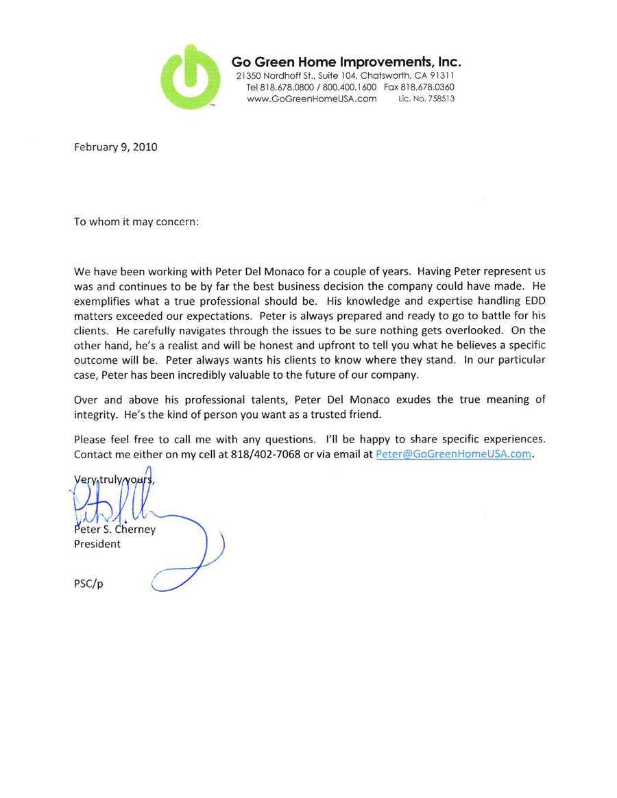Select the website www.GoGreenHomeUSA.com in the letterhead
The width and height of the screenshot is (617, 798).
point(312,99)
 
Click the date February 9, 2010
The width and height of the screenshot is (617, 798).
point(115,146)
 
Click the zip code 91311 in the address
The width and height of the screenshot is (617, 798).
point(436,74)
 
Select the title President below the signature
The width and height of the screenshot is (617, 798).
point(97,545)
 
